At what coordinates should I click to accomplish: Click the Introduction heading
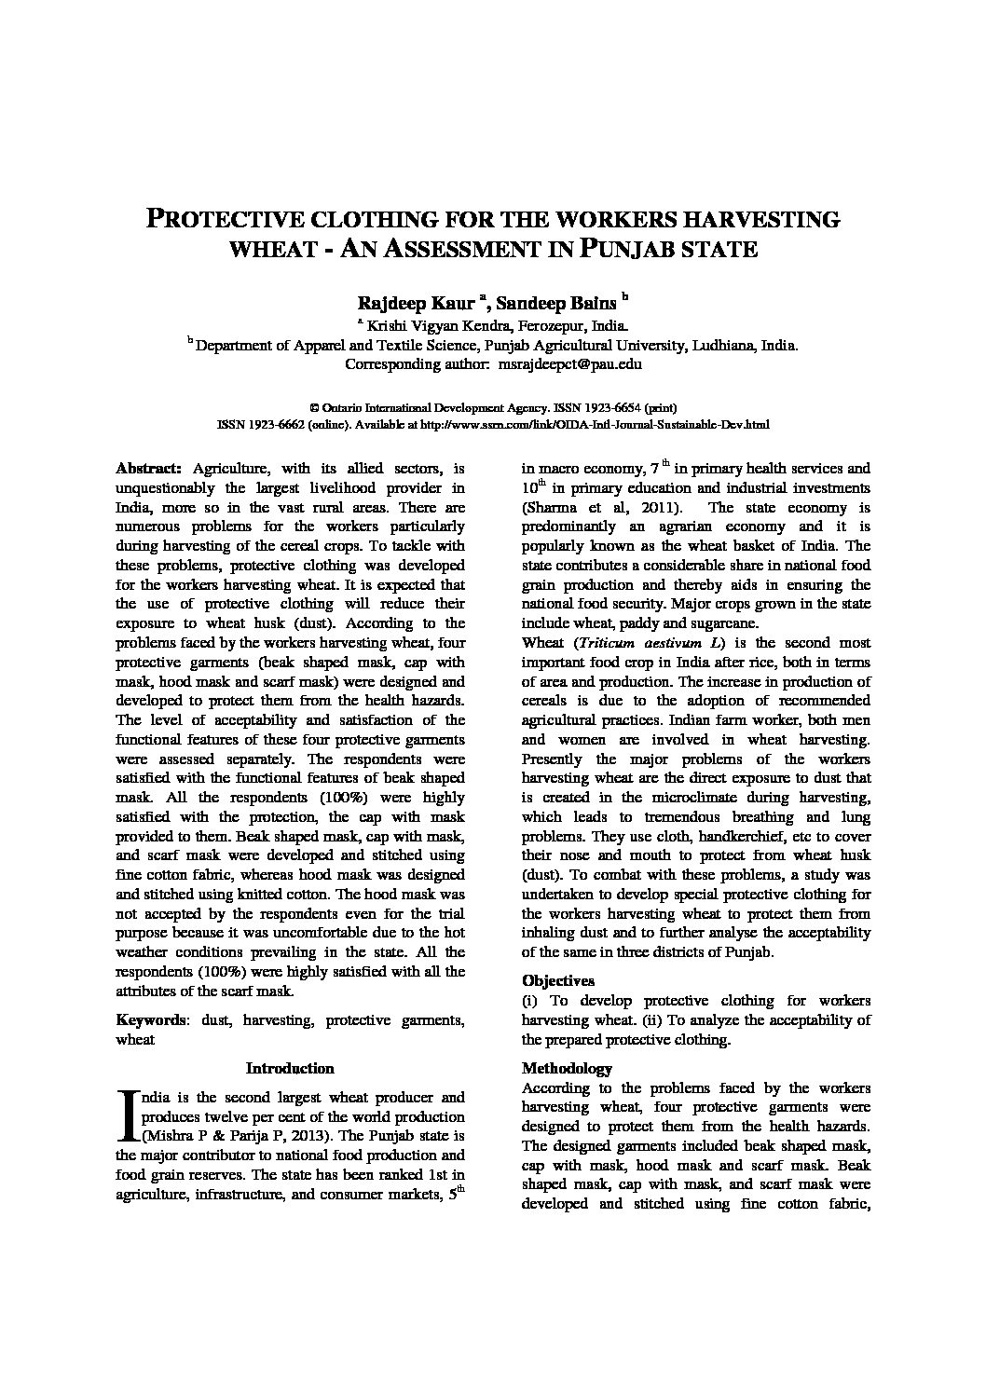coord(289,1068)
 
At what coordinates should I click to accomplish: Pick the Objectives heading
coord(558,980)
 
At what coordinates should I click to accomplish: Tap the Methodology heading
coord(566,1068)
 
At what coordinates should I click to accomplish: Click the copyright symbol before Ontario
coord(313,408)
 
